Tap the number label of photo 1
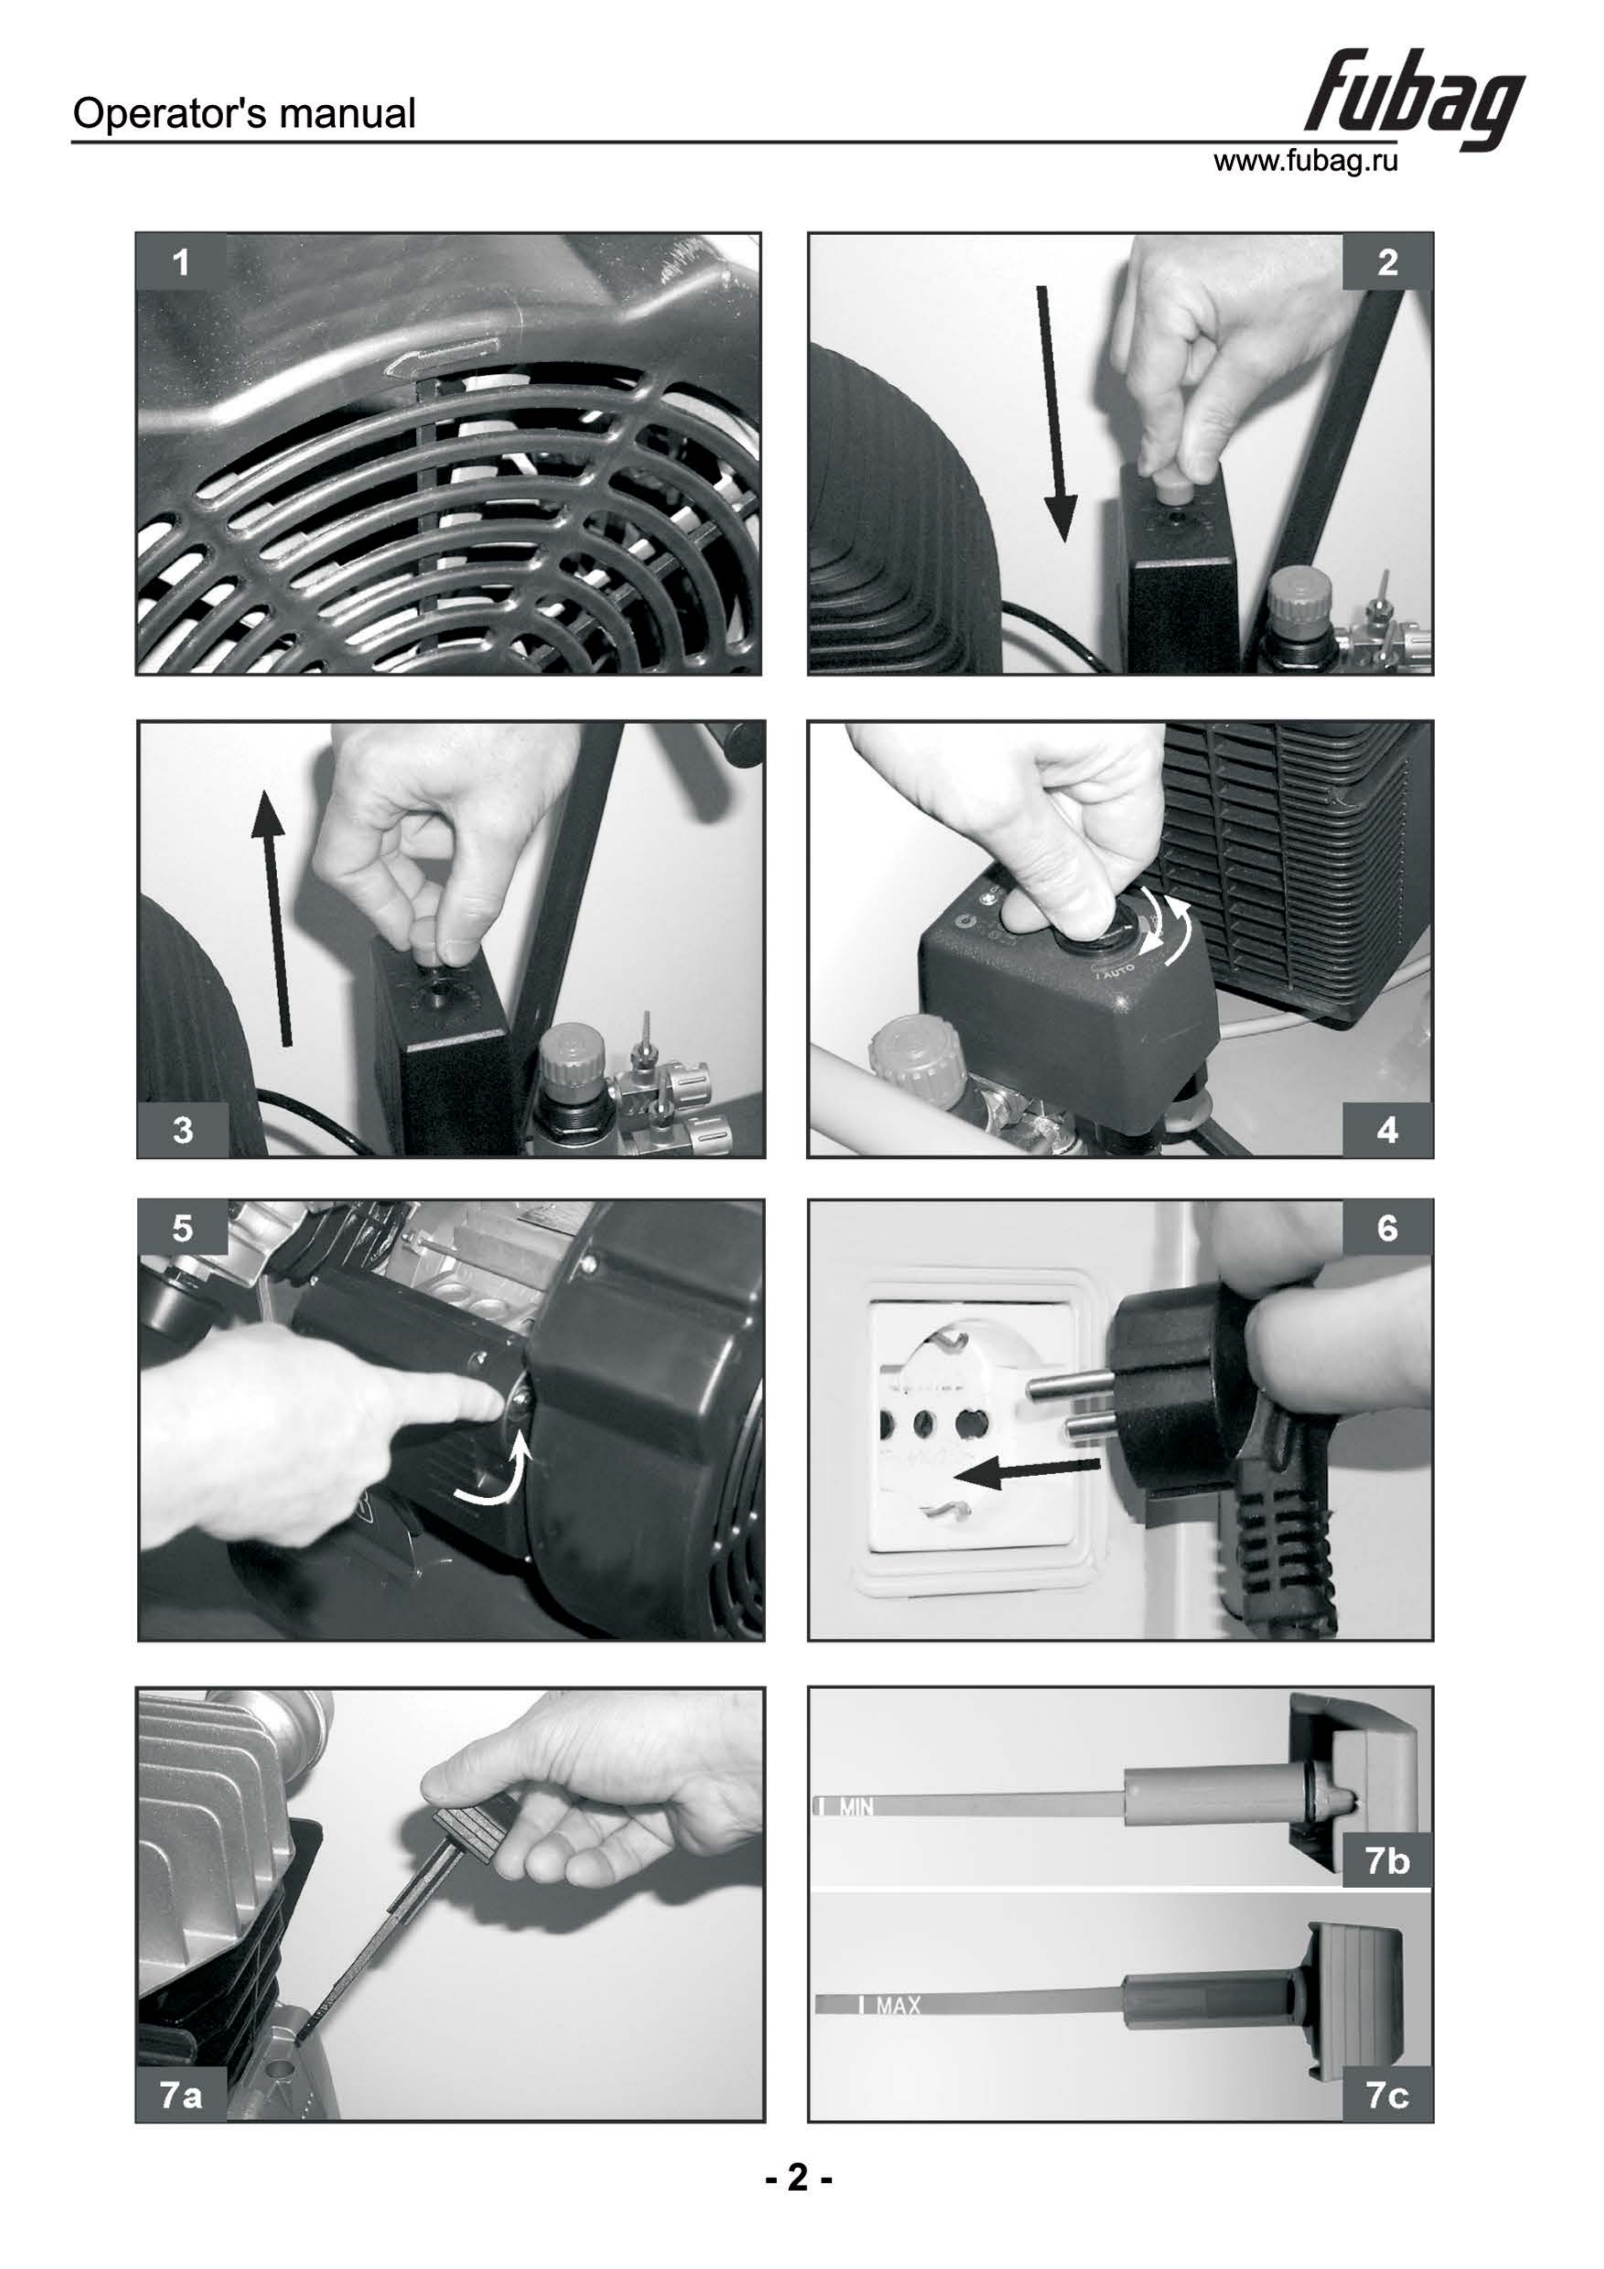181,263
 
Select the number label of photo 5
183,1228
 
